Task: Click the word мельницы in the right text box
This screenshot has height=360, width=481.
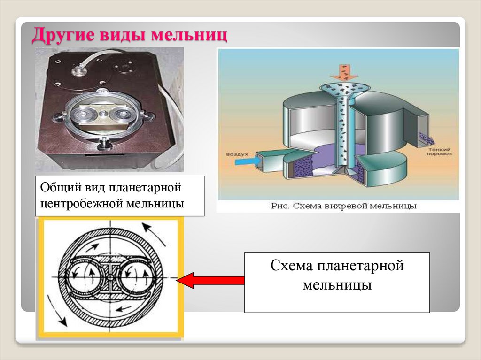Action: (337, 284)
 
